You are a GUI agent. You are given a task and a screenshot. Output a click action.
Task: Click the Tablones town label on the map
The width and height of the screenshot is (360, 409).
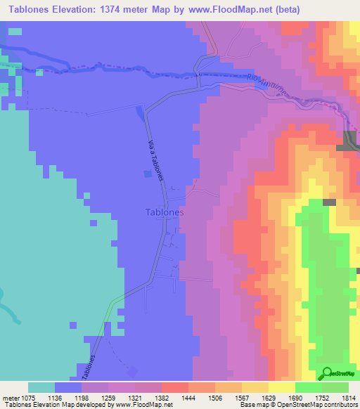click(165, 212)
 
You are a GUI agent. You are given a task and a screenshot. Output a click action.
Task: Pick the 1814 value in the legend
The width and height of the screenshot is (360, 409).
click(347, 398)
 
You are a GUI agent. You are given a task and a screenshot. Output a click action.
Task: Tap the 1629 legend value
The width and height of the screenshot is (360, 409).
click(267, 398)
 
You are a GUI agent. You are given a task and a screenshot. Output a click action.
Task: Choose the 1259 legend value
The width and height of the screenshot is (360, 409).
click(108, 398)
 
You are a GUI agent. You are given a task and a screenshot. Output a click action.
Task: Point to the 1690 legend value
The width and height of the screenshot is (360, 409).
click(295, 398)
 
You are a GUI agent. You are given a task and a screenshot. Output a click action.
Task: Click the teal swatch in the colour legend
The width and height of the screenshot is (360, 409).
click(41, 387)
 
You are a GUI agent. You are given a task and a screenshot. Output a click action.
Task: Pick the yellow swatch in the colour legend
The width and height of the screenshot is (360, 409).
click(281, 387)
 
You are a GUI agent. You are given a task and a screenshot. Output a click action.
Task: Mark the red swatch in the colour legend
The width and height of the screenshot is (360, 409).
click(174, 387)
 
